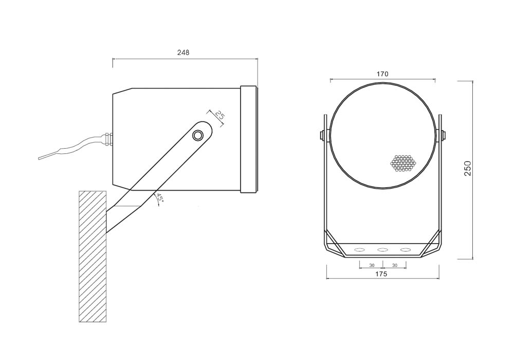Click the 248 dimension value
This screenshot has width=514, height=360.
[x=183, y=52]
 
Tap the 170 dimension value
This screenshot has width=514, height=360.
[x=382, y=74]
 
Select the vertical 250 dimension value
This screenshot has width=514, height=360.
[x=468, y=168]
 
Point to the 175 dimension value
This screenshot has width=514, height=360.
[x=381, y=274]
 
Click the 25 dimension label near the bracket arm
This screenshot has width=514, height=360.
[x=220, y=116]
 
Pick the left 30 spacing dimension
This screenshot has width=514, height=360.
[x=372, y=265]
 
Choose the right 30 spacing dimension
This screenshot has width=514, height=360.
[x=395, y=265]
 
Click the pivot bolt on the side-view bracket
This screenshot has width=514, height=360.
[x=198, y=135]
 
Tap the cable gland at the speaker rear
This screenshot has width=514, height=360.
[x=108, y=139]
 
